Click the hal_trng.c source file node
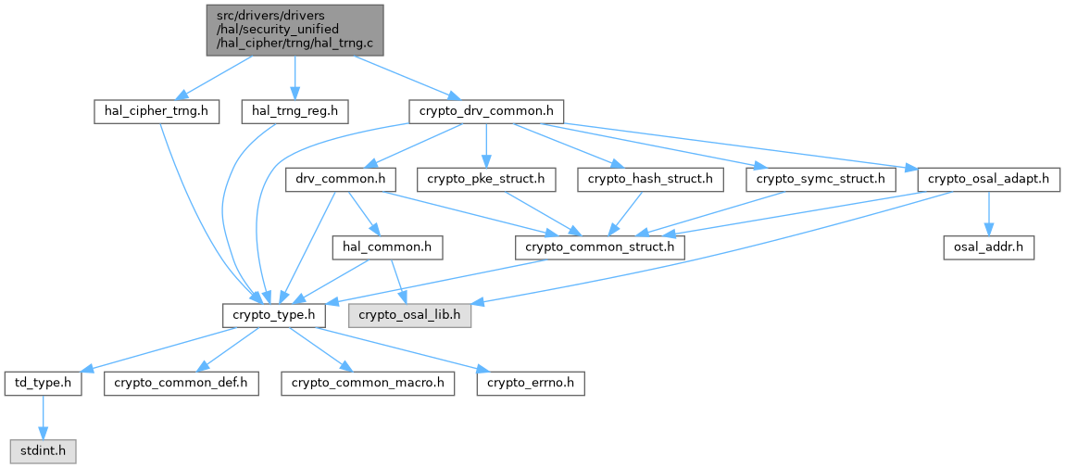(x=294, y=29)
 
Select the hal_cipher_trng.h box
(x=157, y=111)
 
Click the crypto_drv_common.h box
(x=486, y=111)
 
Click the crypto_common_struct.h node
(x=601, y=247)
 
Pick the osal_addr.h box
(x=988, y=247)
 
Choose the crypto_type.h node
(x=274, y=315)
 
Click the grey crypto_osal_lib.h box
(x=409, y=315)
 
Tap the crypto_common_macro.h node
(x=369, y=383)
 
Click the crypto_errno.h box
(x=531, y=383)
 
